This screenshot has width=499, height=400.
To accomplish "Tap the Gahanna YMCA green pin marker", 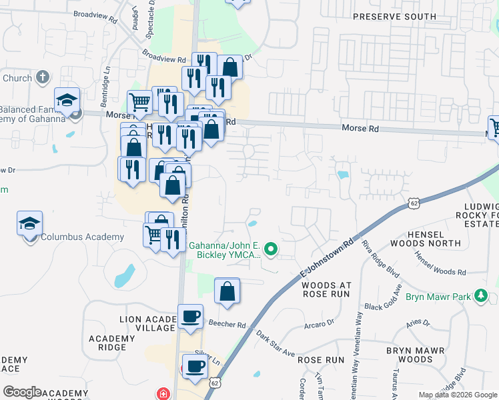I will (270, 250).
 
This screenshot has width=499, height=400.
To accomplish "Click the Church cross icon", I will (42, 78).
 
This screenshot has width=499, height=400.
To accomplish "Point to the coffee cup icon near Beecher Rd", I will (191, 317).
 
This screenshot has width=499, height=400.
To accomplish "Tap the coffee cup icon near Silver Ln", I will (195, 366).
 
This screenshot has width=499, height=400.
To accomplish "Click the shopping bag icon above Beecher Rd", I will (227, 291).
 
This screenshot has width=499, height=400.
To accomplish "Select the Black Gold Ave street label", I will (384, 299).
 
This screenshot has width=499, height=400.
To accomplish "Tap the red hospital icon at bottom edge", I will (163, 394).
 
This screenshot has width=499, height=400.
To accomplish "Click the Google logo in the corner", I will (23, 392).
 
